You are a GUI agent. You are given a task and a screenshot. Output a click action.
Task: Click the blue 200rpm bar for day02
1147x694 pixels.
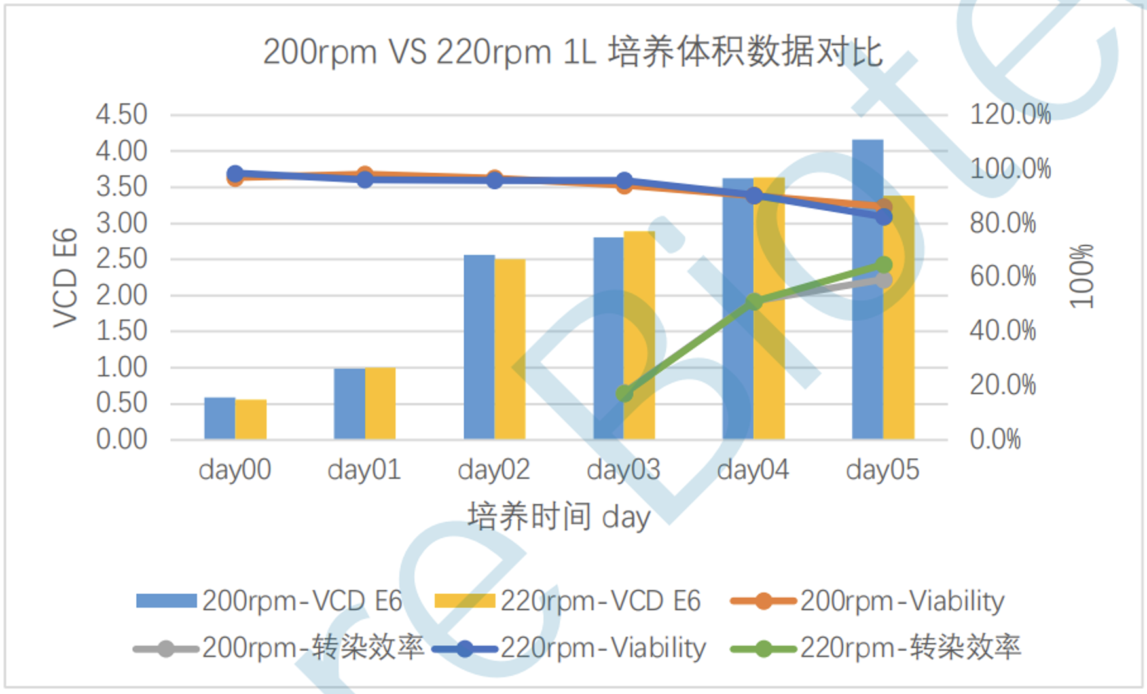[x=479, y=347]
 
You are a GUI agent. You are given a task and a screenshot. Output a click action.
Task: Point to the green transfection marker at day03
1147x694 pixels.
[x=625, y=393]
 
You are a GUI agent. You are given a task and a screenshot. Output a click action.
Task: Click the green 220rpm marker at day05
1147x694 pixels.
[x=884, y=265]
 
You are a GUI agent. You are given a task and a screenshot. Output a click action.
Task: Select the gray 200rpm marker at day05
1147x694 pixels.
[x=884, y=280]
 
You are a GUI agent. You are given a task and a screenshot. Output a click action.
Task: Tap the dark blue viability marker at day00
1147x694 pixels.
[x=235, y=174]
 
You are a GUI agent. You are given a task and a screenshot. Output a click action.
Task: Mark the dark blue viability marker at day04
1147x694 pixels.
[x=754, y=195]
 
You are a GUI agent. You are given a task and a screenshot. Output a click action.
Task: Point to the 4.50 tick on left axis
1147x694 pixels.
[x=122, y=115]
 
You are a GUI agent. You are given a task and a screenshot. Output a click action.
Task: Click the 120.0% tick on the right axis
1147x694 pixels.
[x=1010, y=115]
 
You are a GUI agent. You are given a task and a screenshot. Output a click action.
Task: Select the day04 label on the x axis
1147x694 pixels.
[x=754, y=469]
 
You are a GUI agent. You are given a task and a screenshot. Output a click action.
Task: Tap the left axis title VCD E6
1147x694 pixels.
[x=65, y=278]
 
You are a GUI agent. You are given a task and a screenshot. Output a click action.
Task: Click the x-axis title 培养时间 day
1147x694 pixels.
[x=559, y=517]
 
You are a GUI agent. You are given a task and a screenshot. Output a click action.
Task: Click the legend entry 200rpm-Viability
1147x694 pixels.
[x=867, y=601]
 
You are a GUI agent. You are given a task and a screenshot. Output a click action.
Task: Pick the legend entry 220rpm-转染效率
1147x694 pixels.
[x=875, y=648]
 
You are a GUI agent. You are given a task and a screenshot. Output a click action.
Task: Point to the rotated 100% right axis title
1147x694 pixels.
[x=1082, y=276]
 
